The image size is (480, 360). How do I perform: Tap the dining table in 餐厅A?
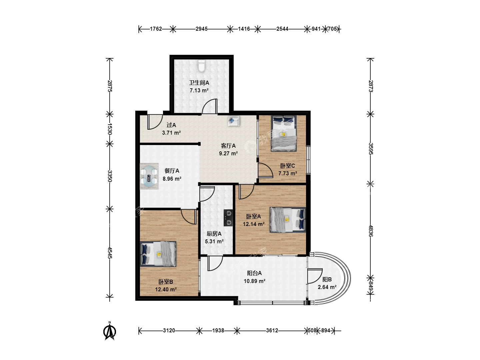[149, 176]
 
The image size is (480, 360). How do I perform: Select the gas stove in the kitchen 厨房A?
[228, 218]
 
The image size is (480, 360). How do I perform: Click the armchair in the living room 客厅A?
[233, 121]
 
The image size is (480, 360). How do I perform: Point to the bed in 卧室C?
[284, 133]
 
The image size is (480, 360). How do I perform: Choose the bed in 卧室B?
[158, 254]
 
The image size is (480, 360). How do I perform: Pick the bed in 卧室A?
[288, 219]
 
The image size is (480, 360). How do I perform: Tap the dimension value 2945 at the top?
[201, 29]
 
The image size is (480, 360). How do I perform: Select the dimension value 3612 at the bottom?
[272, 330]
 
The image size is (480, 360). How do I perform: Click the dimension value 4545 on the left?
[110, 253]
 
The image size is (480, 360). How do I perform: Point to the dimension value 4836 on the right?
[370, 231]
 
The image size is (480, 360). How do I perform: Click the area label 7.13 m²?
[199, 90]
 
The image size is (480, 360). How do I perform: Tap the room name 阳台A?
[254, 273]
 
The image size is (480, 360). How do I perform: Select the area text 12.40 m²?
[166, 289]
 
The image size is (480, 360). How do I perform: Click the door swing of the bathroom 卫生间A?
[210, 106]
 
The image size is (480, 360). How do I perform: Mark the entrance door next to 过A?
[155, 122]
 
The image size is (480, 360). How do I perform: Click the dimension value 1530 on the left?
[110, 129]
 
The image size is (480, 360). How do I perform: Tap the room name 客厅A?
[228, 146]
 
